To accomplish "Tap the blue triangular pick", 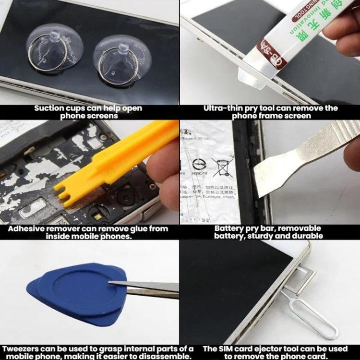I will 77,290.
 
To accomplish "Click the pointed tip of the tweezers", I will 112,284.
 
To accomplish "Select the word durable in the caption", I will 306,236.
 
